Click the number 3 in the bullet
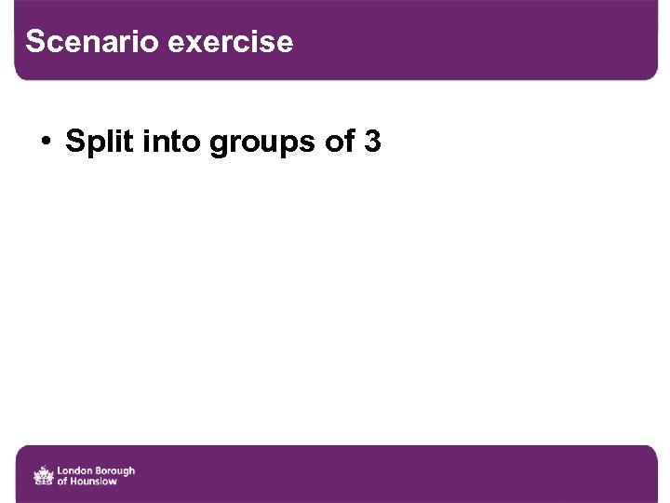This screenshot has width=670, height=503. tap(373, 142)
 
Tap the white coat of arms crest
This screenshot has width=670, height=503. tap(43, 476)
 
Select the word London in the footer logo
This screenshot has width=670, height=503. tap(75, 470)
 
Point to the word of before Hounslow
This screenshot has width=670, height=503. tap(62, 482)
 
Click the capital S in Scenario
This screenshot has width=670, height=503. tap(35, 42)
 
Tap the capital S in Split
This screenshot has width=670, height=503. tap(74, 142)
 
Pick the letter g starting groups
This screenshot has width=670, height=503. tap(220, 143)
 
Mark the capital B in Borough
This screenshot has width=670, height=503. tap(100, 470)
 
